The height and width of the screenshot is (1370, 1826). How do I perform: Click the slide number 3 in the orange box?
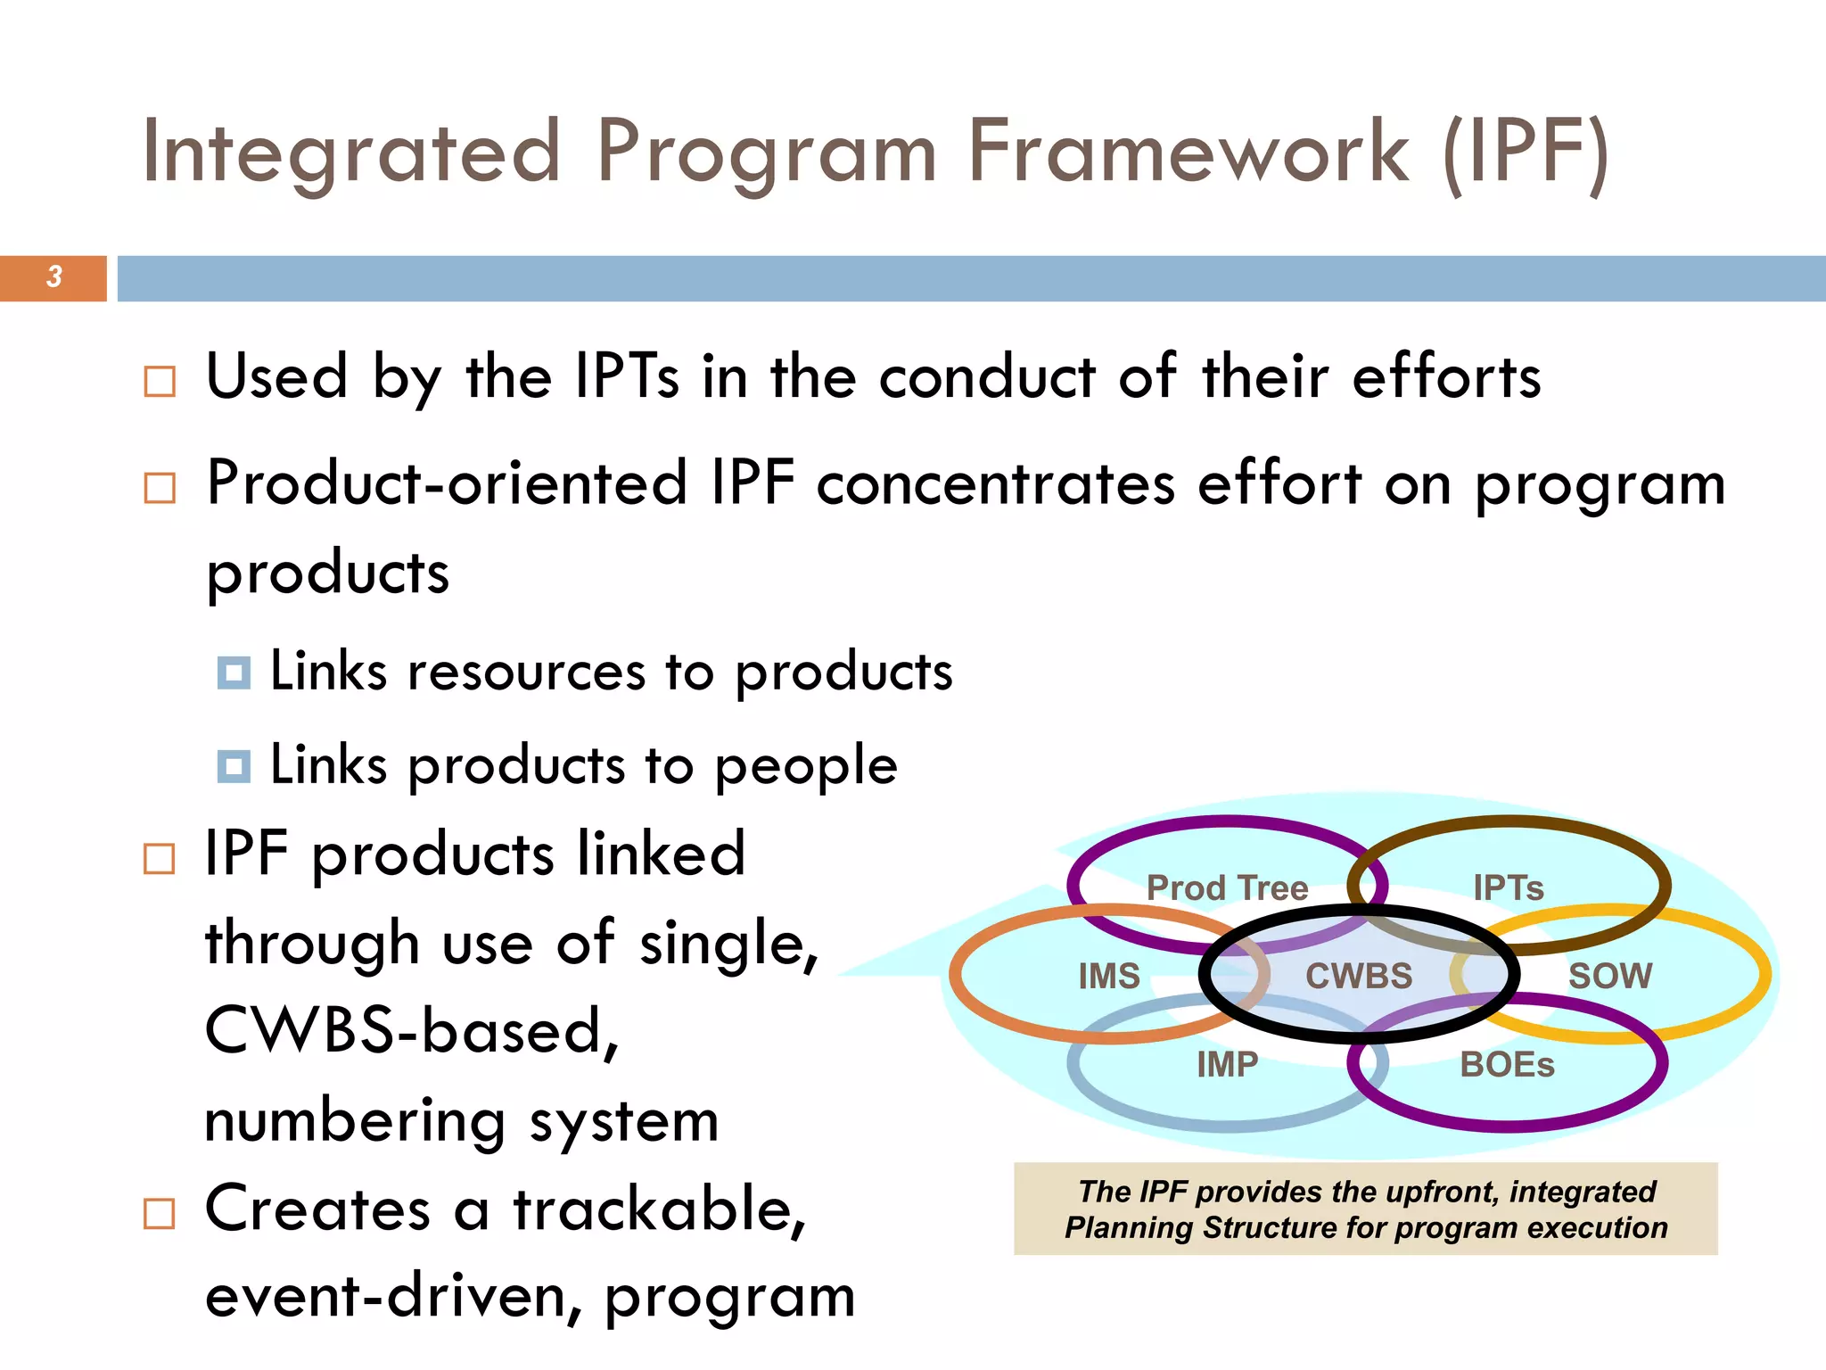pyautogui.click(x=54, y=277)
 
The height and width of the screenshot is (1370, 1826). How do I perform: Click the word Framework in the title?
pyautogui.click(x=1189, y=153)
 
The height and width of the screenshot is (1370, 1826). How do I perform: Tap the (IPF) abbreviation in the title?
pyautogui.click(x=1526, y=154)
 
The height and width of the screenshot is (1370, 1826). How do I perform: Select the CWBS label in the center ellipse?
pyautogui.click(x=1359, y=976)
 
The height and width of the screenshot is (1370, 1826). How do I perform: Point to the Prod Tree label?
pyautogui.click(x=1227, y=888)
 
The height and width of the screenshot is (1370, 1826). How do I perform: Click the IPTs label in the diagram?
pyautogui.click(x=1508, y=888)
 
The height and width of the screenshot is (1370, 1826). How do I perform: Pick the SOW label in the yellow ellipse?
pyautogui.click(x=1610, y=976)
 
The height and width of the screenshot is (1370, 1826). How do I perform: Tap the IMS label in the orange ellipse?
pyautogui.click(x=1109, y=977)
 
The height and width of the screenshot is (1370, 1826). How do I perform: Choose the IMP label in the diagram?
pyautogui.click(x=1227, y=1064)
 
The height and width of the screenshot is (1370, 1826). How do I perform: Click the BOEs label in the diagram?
pyautogui.click(x=1507, y=1065)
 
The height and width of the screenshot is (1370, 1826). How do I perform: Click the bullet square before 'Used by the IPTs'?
pyautogui.click(x=160, y=382)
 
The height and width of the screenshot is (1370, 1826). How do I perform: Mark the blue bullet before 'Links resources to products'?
pyautogui.click(x=234, y=673)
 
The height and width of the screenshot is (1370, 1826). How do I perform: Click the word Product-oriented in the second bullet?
pyautogui.click(x=447, y=483)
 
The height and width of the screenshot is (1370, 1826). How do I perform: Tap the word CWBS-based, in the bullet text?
pyautogui.click(x=412, y=1032)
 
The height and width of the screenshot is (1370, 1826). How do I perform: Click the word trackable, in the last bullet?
pyautogui.click(x=660, y=1210)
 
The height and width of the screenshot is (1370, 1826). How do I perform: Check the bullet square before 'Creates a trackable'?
pyautogui.click(x=160, y=1214)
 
